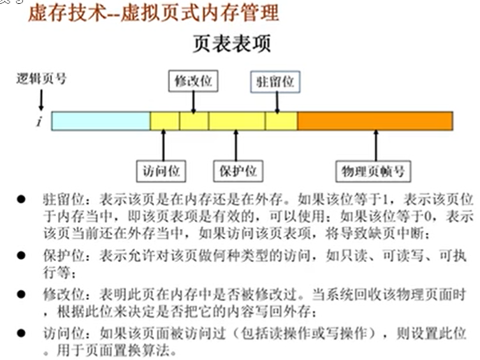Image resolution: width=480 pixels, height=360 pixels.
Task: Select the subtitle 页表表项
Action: tap(231, 43)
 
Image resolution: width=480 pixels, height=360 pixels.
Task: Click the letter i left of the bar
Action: tap(39, 121)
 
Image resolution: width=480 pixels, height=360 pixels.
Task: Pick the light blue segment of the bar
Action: tap(100, 121)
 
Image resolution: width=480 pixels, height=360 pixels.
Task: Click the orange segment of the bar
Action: tap(375, 121)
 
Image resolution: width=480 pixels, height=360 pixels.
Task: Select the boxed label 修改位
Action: tap(193, 81)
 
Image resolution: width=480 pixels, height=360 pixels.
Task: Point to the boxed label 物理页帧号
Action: tap(374, 171)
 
